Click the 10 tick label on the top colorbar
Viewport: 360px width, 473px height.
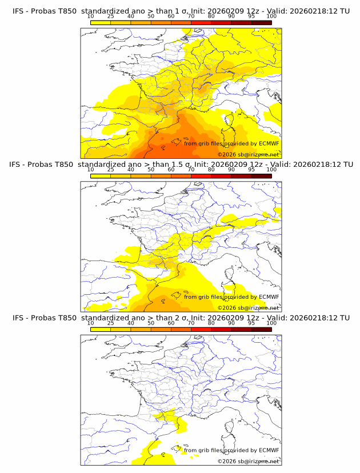(90, 16)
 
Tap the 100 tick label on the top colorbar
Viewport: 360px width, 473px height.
(271, 16)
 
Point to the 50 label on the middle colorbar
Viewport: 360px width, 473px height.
(151, 170)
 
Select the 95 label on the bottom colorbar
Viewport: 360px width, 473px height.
(251, 323)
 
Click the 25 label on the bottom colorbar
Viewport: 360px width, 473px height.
(110, 323)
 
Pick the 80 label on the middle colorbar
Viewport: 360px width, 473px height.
(211, 170)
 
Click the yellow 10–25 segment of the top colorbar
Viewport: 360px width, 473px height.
(101, 22)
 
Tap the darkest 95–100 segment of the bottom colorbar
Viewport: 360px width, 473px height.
(261, 330)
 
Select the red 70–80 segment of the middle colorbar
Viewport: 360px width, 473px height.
(201, 176)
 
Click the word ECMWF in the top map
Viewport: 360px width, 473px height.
(269, 143)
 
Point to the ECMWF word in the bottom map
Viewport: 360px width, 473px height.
(269, 450)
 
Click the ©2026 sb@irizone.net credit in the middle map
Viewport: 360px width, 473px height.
(249, 308)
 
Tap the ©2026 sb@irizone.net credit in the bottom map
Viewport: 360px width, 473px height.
(249, 462)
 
